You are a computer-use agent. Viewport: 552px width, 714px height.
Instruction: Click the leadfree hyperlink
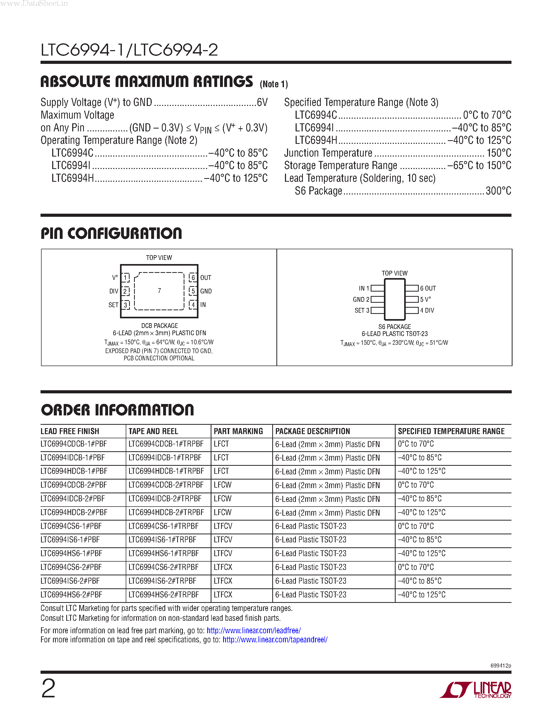click(x=254, y=630)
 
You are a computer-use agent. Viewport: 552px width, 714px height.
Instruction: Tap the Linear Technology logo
click(x=476, y=690)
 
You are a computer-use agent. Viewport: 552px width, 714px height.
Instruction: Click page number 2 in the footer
click(x=48, y=689)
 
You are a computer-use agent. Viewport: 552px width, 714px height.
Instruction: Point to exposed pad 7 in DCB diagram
click(x=159, y=291)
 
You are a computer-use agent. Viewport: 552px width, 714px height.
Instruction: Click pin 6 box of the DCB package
click(x=193, y=278)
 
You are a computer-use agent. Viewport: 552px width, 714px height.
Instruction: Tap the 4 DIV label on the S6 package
click(x=427, y=310)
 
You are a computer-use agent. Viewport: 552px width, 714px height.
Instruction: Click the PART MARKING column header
click(x=238, y=431)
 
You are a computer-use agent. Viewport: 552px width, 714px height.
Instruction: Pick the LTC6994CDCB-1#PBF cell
click(x=74, y=444)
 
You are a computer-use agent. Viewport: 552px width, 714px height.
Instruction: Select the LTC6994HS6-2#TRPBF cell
click(x=163, y=595)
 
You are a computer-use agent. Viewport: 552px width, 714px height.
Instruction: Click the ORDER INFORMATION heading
click(x=117, y=410)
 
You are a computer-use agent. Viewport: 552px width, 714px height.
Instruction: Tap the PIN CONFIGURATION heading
click(x=111, y=233)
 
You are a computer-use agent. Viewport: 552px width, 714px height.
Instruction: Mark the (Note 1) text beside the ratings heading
click(x=274, y=84)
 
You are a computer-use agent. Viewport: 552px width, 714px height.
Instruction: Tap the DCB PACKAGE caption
click(x=159, y=326)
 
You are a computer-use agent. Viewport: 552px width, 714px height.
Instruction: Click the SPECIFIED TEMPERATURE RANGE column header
click(x=451, y=431)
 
